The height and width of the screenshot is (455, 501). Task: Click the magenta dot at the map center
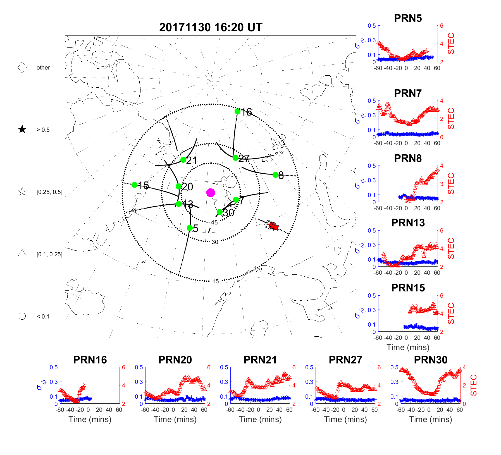click(211, 193)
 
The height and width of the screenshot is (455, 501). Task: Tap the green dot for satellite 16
click(237, 111)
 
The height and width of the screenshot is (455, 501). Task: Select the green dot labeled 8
click(275, 175)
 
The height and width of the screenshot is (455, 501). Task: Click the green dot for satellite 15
click(134, 185)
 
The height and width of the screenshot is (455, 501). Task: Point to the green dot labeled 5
click(190, 228)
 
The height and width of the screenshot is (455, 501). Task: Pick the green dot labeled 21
click(183, 160)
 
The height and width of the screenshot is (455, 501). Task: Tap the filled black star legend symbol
click(22, 130)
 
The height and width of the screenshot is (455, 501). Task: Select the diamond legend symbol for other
click(22, 68)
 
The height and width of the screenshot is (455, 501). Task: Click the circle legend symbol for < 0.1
click(22, 316)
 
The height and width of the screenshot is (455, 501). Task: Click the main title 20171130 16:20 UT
click(211, 27)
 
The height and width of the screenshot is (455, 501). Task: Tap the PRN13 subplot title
click(408, 223)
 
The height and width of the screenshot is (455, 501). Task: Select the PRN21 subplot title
click(260, 360)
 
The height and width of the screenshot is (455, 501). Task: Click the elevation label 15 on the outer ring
click(215, 281)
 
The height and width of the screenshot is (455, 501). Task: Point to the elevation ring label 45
click(214, 222)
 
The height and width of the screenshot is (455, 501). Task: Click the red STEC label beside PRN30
click(473, 385)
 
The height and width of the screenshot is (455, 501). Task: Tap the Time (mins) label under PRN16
click(90, 419)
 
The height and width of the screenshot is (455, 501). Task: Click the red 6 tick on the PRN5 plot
click(442, 26)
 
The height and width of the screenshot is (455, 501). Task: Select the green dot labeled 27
click(235, 158)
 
